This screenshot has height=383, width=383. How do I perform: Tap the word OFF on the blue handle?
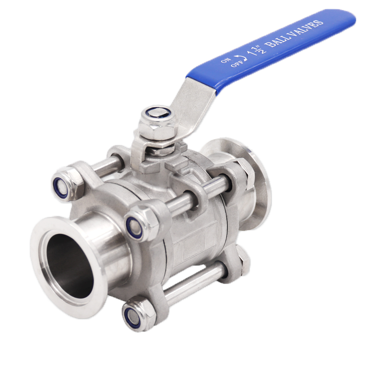(237, 64)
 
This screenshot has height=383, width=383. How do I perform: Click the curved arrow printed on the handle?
(241, 58)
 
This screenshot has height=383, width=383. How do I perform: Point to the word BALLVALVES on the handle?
(295, 34)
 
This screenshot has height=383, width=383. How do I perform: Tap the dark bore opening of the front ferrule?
(70, 266)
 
